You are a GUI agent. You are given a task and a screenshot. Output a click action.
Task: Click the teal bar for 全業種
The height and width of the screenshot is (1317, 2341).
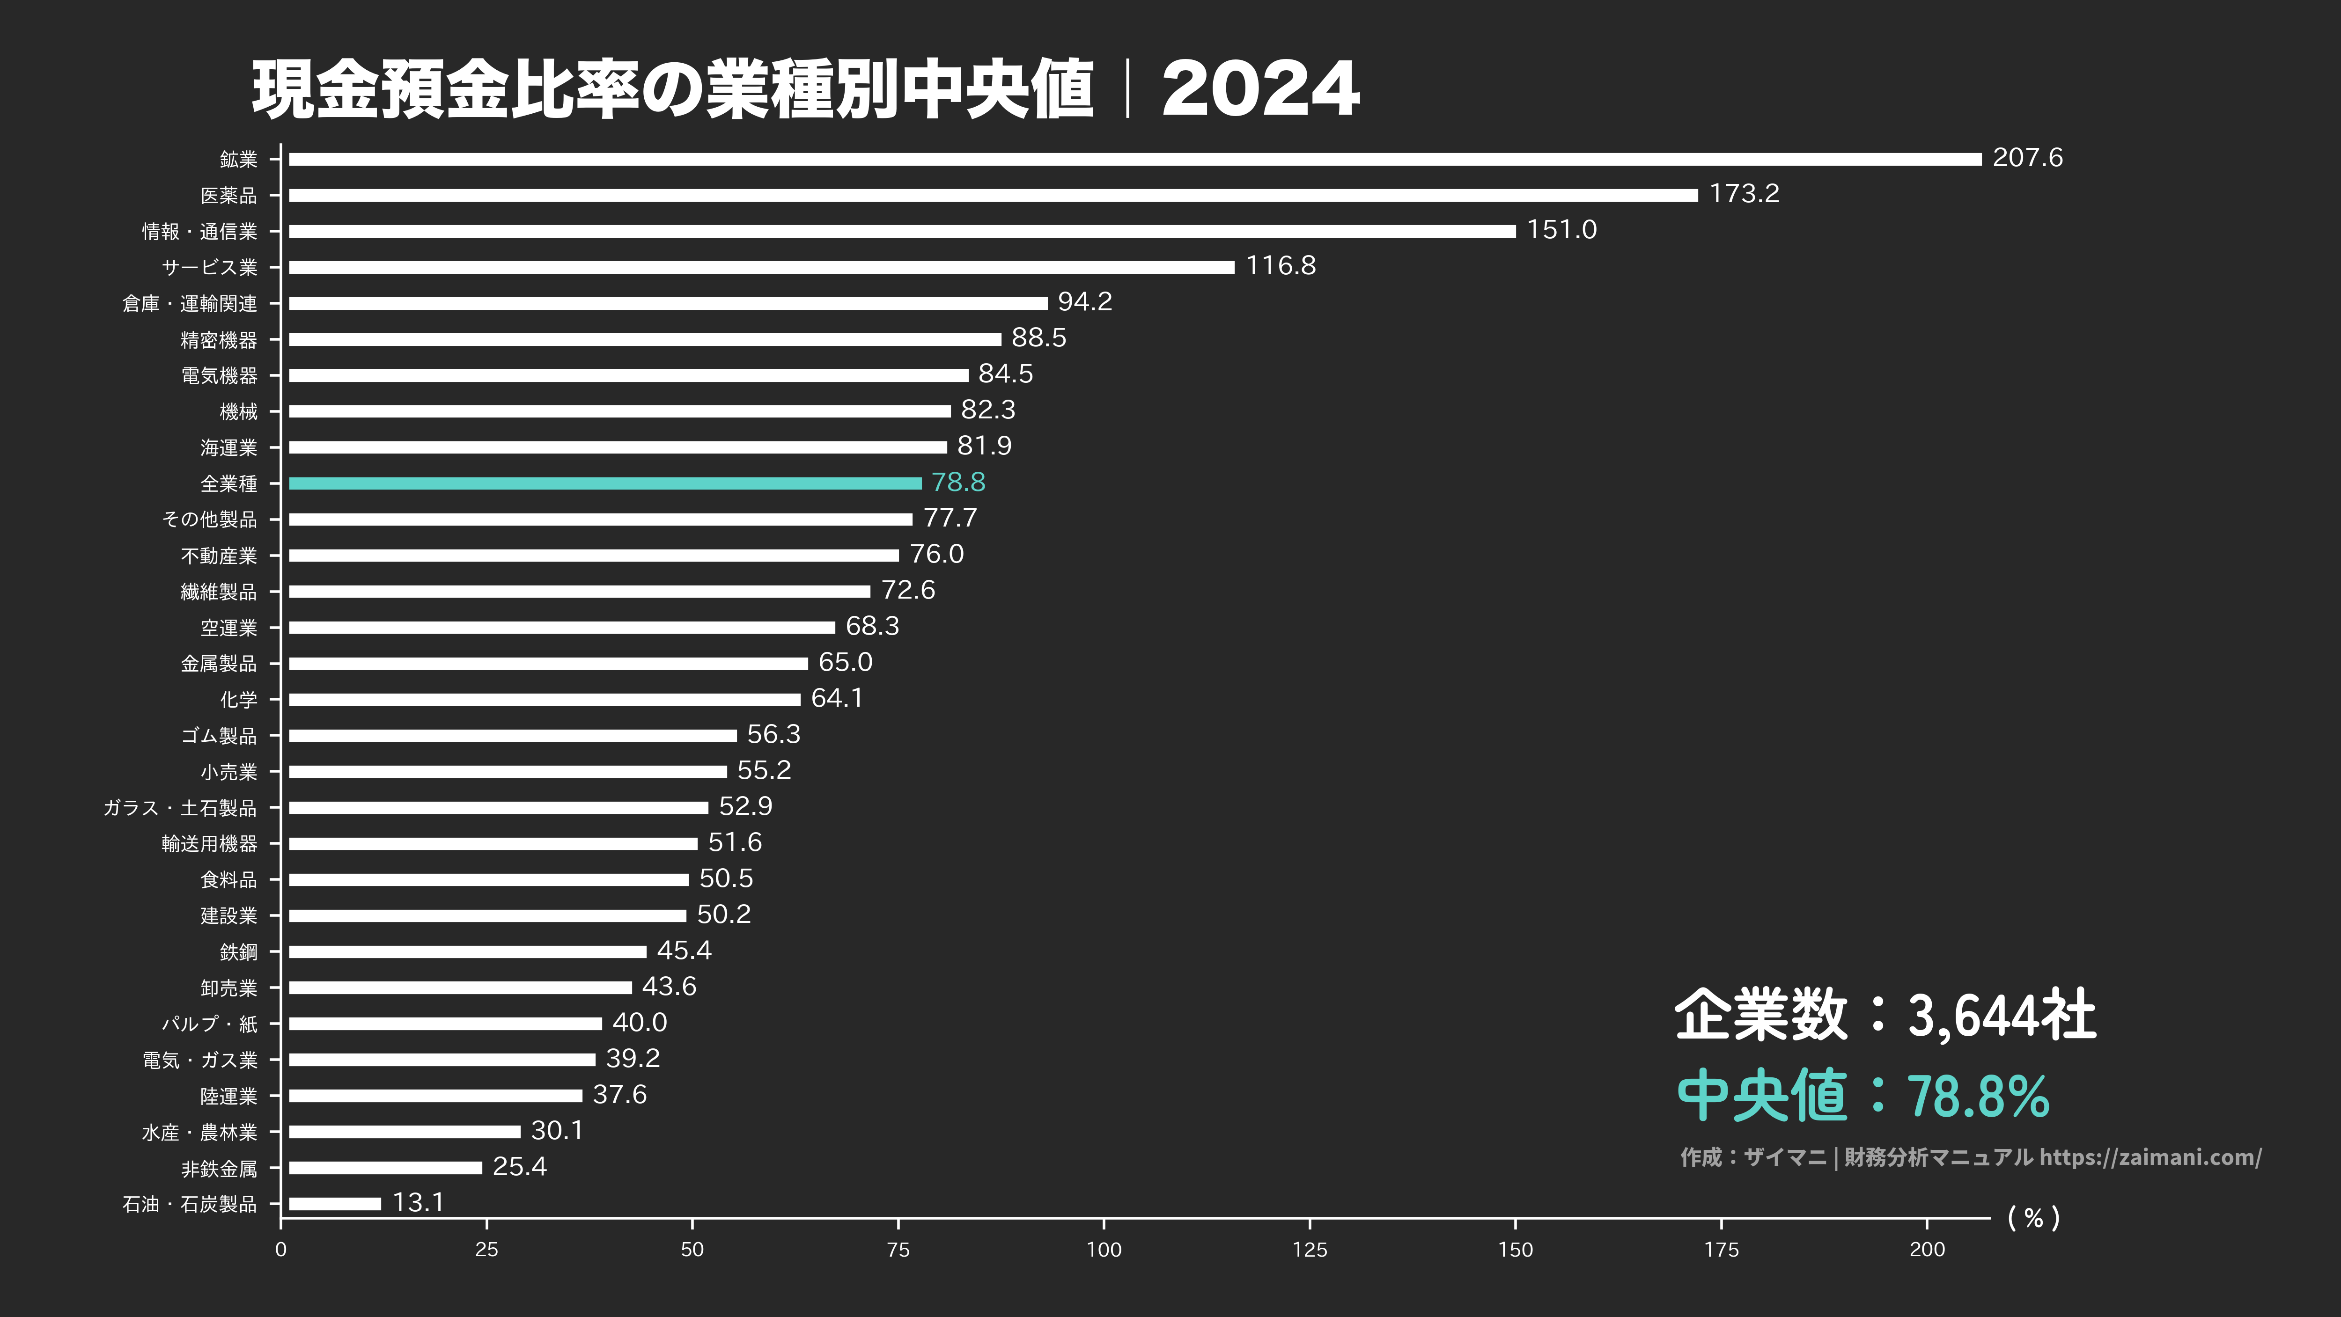(x=604, y=483)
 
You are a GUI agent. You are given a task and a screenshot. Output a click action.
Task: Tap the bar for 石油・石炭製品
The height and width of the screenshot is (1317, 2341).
(x=334, y=1203)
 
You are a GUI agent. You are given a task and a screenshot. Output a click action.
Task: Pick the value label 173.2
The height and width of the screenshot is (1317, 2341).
(x=1744, y=193)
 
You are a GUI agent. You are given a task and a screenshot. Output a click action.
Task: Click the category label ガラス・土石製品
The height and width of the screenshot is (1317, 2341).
(x=180, y=807)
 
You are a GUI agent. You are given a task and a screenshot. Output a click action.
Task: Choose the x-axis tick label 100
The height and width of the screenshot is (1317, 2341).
(x=1103, y=1250)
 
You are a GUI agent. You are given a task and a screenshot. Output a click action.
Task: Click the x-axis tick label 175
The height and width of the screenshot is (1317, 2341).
(x=1720, y=1250)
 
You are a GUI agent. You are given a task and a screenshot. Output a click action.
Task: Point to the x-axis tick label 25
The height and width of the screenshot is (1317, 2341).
(x=486, y=1250)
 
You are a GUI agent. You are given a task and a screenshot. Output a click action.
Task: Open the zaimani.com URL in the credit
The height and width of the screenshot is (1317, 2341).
(x=2149, y=1157)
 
